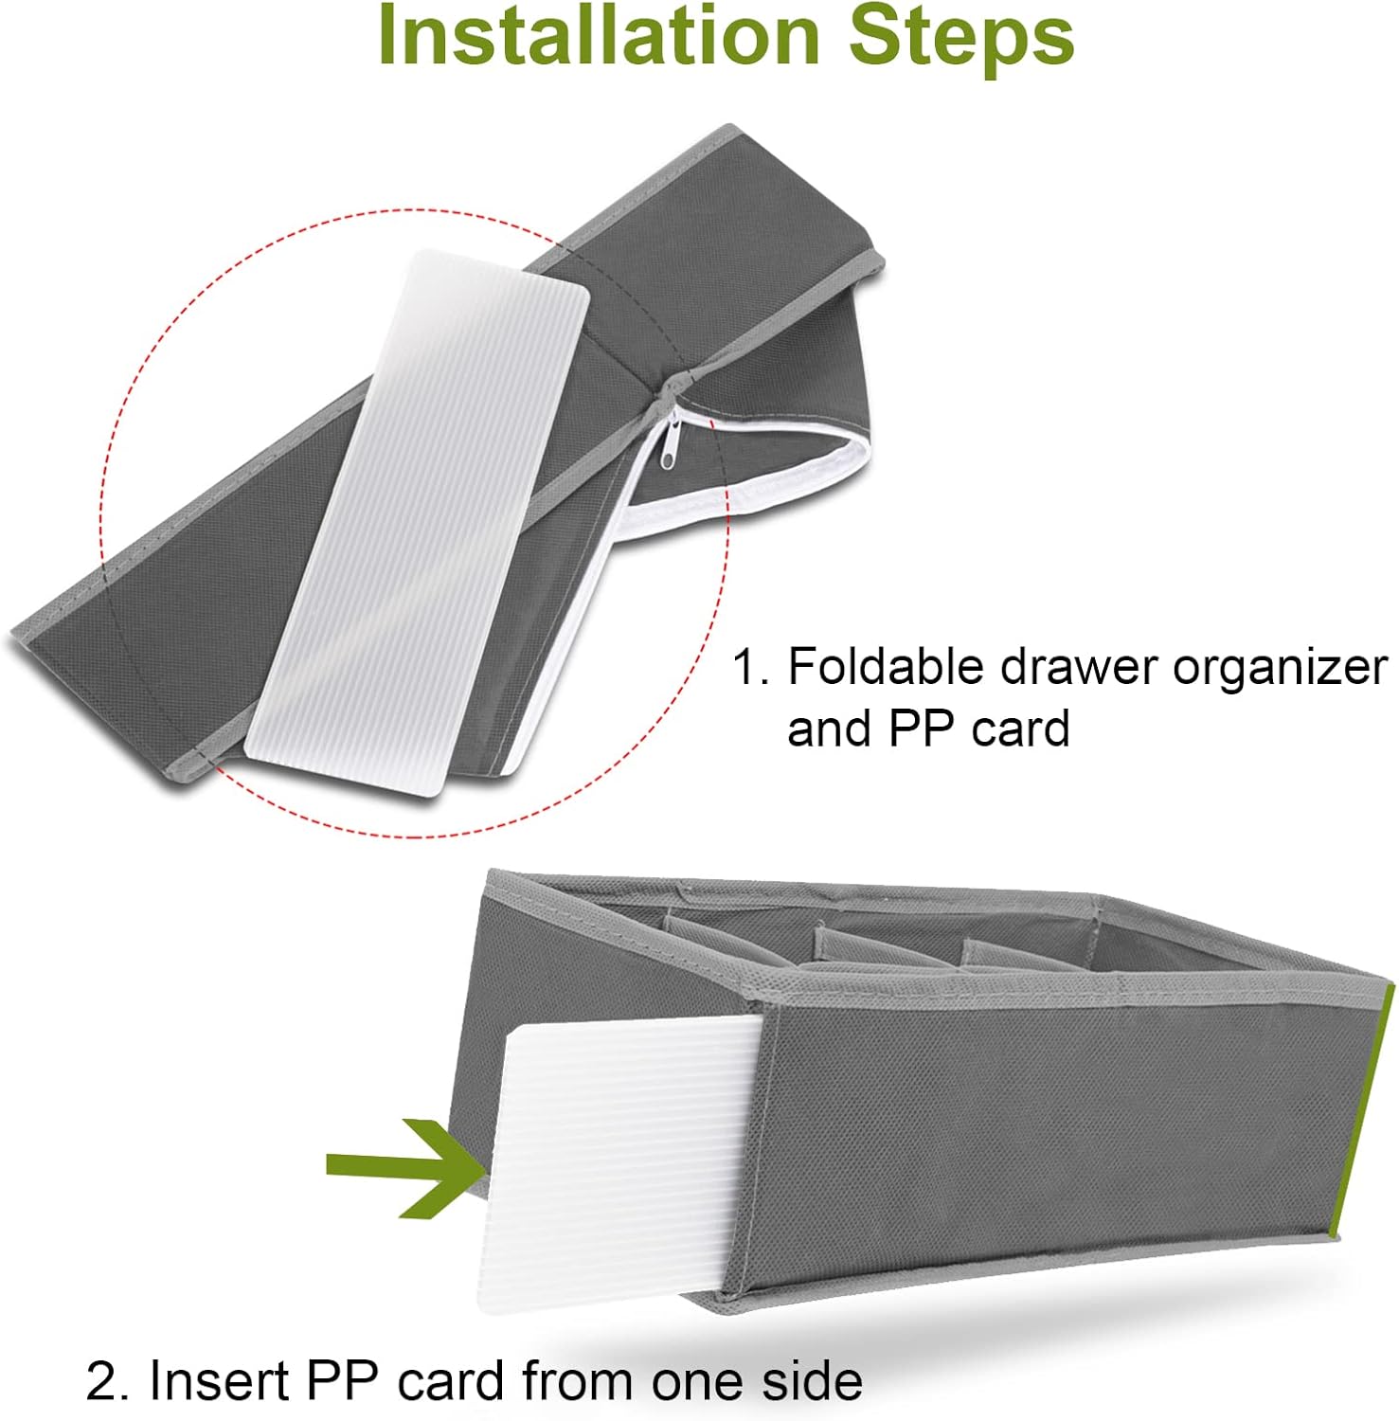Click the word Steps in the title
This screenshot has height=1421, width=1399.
coord(962,35)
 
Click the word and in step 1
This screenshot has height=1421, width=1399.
coord(831,728)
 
